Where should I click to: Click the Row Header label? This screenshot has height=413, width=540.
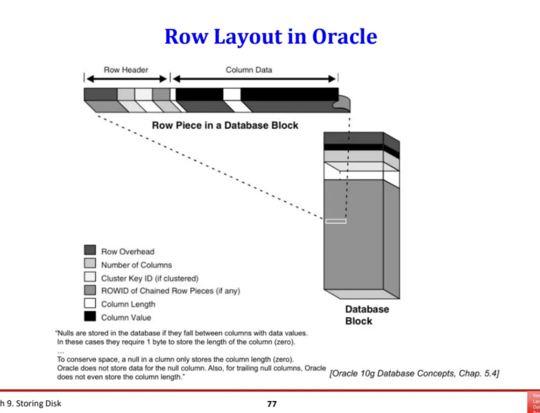[x=126, y=70]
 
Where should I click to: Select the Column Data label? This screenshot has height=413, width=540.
[x=249, y=70]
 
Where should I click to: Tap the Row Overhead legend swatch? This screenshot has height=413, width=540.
[x=90, y=251]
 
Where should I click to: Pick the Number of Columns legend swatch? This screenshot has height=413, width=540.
[x=90, y=264]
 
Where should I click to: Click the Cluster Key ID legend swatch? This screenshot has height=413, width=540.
[x=90, y=277]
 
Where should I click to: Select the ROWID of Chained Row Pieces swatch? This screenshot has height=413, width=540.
[x=90, y=290]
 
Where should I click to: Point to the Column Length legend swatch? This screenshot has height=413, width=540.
[x=90, y=304]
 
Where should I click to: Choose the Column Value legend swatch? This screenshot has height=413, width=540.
[x=90, y=317]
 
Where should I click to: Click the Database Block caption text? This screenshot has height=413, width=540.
[x=367, y=315]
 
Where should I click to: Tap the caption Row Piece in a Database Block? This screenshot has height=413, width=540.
[x=225, y=125]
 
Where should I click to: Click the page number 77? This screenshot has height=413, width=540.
[x=271, y=404]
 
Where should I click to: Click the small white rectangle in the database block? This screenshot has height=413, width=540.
[x=336, y=221]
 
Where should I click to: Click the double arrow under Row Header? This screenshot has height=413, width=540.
[x=127, y=79]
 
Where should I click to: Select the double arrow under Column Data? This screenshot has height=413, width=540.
[x=254, y=79]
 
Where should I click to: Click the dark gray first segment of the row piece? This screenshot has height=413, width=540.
[x=101, y=94]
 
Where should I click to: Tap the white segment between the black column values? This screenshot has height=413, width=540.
[x=232, y=94]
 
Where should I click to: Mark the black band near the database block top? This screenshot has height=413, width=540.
[x=353, y=147]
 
